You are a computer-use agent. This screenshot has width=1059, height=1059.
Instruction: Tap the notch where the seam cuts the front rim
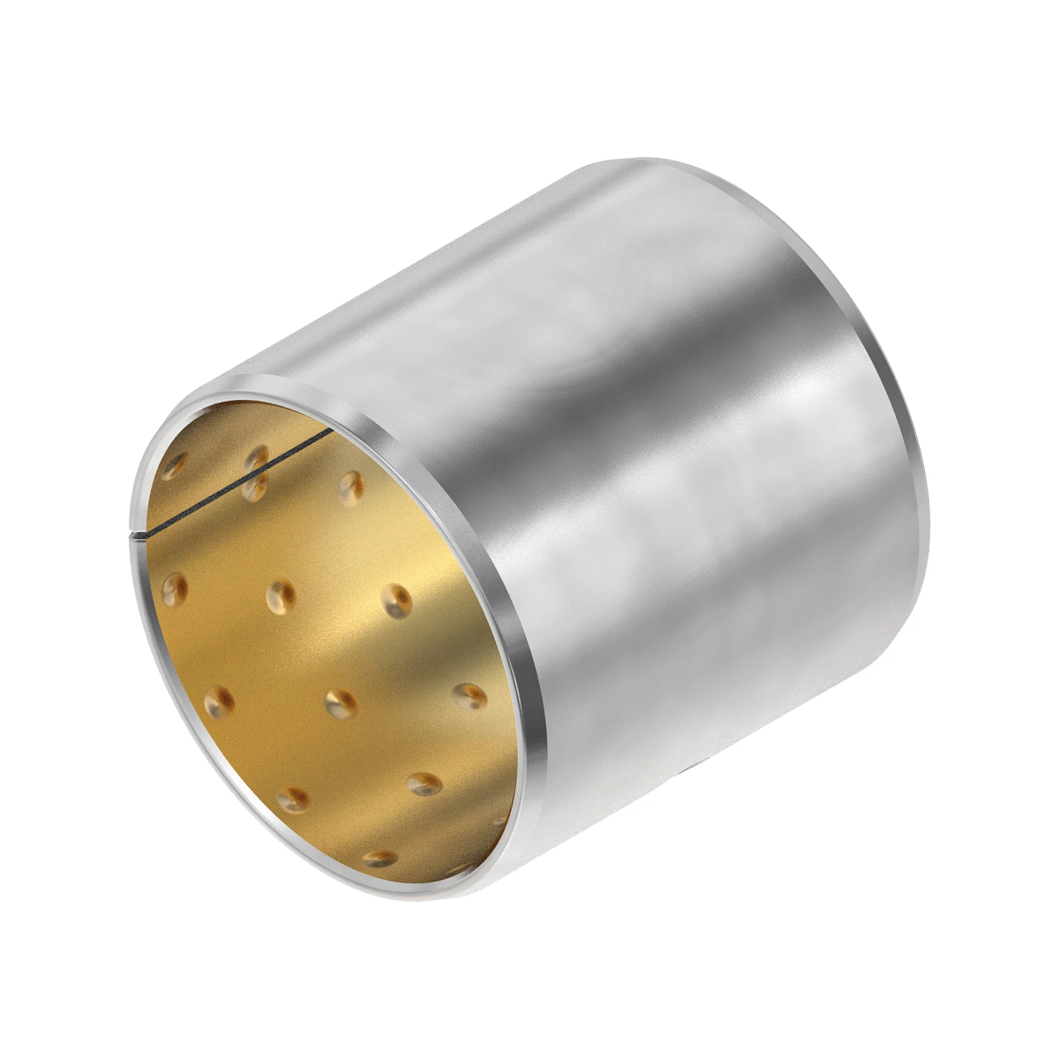pos(141,535)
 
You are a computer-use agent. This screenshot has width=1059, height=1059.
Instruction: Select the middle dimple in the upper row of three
pos(282,597)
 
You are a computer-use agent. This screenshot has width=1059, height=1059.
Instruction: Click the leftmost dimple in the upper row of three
pos(174,587)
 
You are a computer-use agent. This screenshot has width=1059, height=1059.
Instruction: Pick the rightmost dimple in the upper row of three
pos(396,601)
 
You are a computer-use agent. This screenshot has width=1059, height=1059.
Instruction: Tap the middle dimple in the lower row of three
pos(341,703)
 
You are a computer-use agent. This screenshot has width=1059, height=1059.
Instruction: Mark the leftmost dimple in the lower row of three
pos(219,702)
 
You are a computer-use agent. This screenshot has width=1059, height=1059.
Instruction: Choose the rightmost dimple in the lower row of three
pos(469,696)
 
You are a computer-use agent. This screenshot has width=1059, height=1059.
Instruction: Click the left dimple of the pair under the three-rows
pos(293,800)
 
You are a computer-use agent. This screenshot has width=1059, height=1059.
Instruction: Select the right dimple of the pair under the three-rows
pos(424,784)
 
